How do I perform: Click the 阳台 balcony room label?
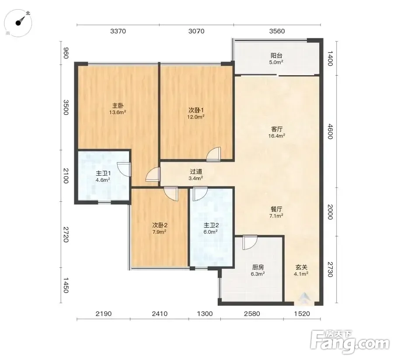pyautogui.click(x=276, y=55)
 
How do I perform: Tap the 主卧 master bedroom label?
pyautogui.click(x=118, y=105)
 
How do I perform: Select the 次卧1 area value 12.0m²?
pyautogui.click(x=196, y=117)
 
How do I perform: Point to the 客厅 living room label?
pyautogui.click(x=277, y=129)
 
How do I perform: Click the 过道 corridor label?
pyautogui.click(x=196, y=172)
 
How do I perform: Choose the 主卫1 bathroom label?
pyautogui.click(x=103, y=173)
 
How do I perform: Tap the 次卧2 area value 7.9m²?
pyautogui.click(x=159, y=232)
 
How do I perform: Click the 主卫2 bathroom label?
pyautogui.click(x=211, y=225)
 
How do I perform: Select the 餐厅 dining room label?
pyautogui.click(x=276, y=209)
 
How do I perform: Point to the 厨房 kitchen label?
pyautogui.click(x=258, y=267)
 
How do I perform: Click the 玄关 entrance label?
pyautogui.click(x=301, y=267)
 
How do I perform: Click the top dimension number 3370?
pyautogui.click(x=118, y=31)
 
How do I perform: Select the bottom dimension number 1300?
pyautogui.click(x=205, y=314)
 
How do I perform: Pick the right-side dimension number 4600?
pyautogui.click(x=330, y=132)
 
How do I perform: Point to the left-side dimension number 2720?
pyautogui.click(x=66, y=235)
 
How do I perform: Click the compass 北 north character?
pyautogui.click(x=28, y=13)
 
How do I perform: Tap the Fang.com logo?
pyautogui.click(x=350, y=342)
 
